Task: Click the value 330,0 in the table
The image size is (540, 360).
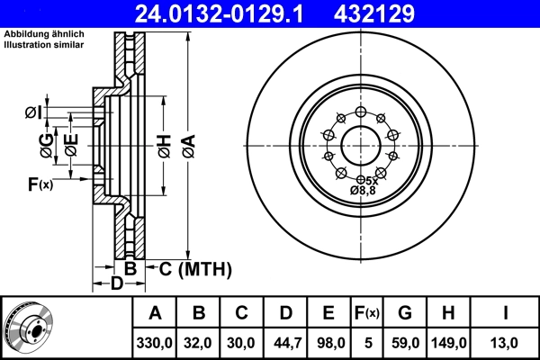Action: tap(155, 343)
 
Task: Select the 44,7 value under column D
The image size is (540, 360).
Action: tap(285, 343)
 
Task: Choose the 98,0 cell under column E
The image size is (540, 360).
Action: tap(328, 343)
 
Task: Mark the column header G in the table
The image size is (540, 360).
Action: tap(404, 313)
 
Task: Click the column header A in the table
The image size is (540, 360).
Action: tap(155, 313)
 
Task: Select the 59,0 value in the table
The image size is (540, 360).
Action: tap(404, 343)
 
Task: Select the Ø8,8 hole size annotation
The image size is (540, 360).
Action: tap(363, 191)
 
